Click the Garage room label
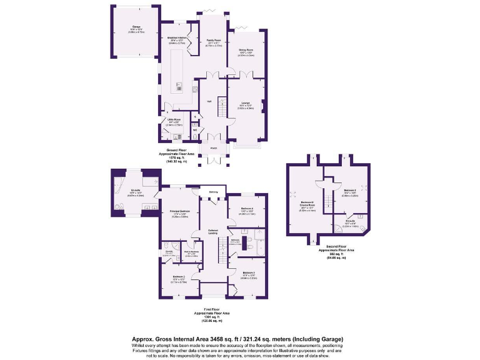point(135,27)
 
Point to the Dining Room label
point(246,49)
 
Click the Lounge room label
point(246,104)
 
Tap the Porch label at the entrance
point(214,148)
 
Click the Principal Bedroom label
point(180,211)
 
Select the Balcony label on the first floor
point(213,191)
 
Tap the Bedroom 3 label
point(249,273)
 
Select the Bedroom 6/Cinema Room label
point(307,204)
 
